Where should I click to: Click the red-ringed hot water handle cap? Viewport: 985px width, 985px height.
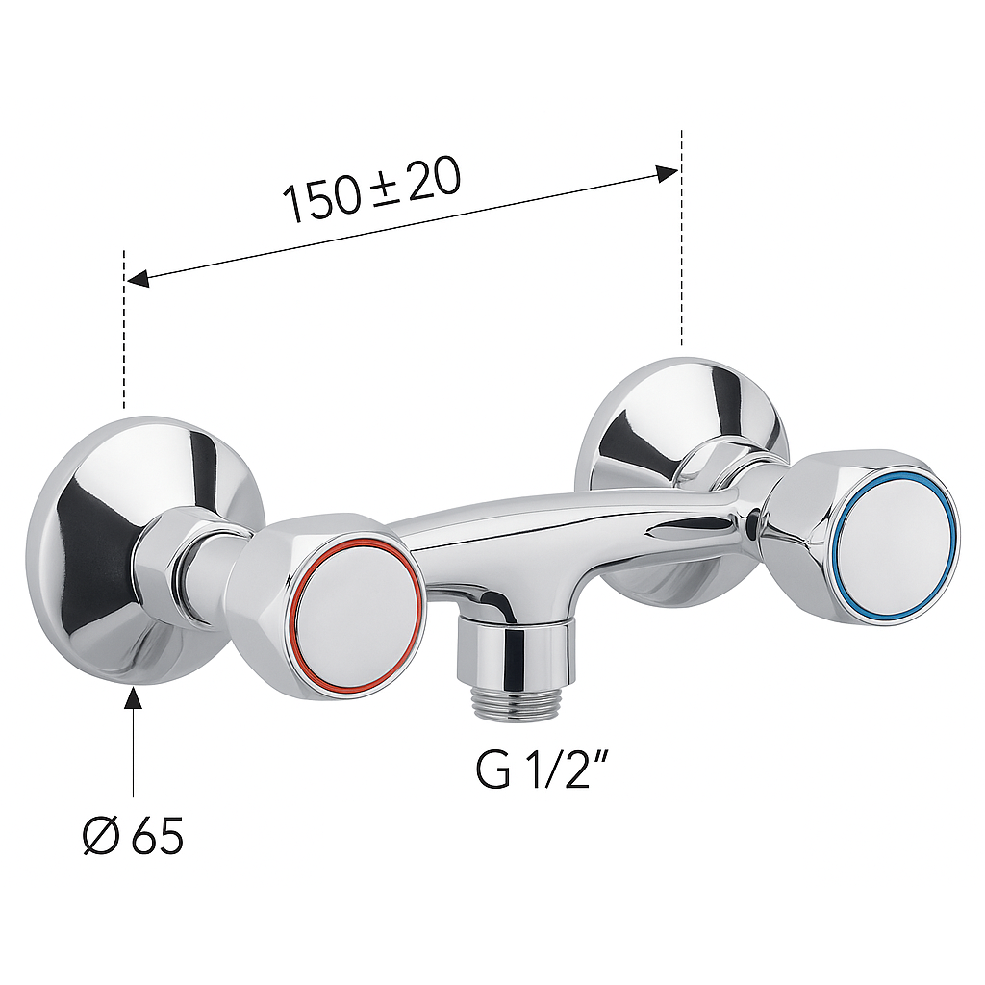tap(358, 618)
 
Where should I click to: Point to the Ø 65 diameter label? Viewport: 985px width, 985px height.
tap(133, 836)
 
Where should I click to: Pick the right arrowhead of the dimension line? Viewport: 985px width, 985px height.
tap(667, 173)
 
